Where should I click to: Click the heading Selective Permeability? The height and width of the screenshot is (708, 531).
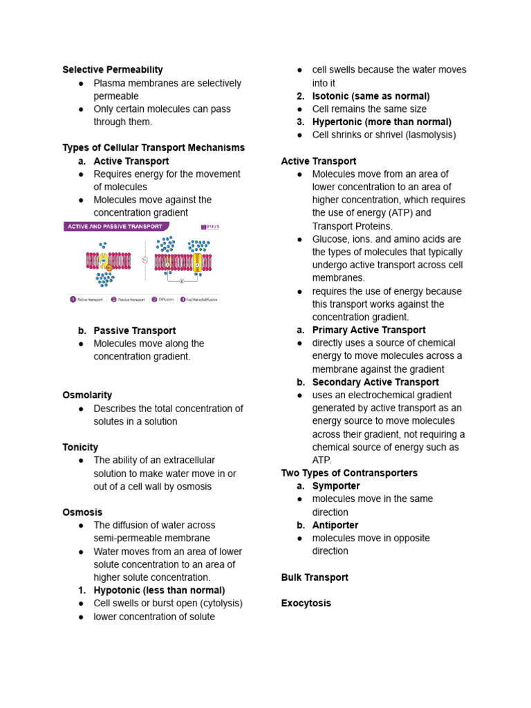point(113,70)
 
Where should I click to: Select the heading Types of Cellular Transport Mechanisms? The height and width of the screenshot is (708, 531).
point(153,148)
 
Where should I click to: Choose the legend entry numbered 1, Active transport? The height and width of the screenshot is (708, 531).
point(86,299)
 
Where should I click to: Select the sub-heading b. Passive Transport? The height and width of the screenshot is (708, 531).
point(134,330)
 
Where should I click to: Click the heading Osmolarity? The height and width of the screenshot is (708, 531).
point(87,395)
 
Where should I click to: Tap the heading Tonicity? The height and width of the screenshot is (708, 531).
point(80,447)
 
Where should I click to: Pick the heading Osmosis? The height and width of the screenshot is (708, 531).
point(82,512)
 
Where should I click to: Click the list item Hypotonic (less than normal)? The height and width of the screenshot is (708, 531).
point(159,590)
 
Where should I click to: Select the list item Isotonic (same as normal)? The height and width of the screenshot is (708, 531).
point(371,96)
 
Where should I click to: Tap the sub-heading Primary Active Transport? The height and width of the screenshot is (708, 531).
point(369,330)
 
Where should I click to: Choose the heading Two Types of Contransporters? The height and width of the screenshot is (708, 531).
point(349,473)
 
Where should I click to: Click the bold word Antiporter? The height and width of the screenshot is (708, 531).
point(335,525)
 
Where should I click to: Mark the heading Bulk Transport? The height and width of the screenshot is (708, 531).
point(315,577)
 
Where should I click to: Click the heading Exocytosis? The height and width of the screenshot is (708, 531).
point(306,604)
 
